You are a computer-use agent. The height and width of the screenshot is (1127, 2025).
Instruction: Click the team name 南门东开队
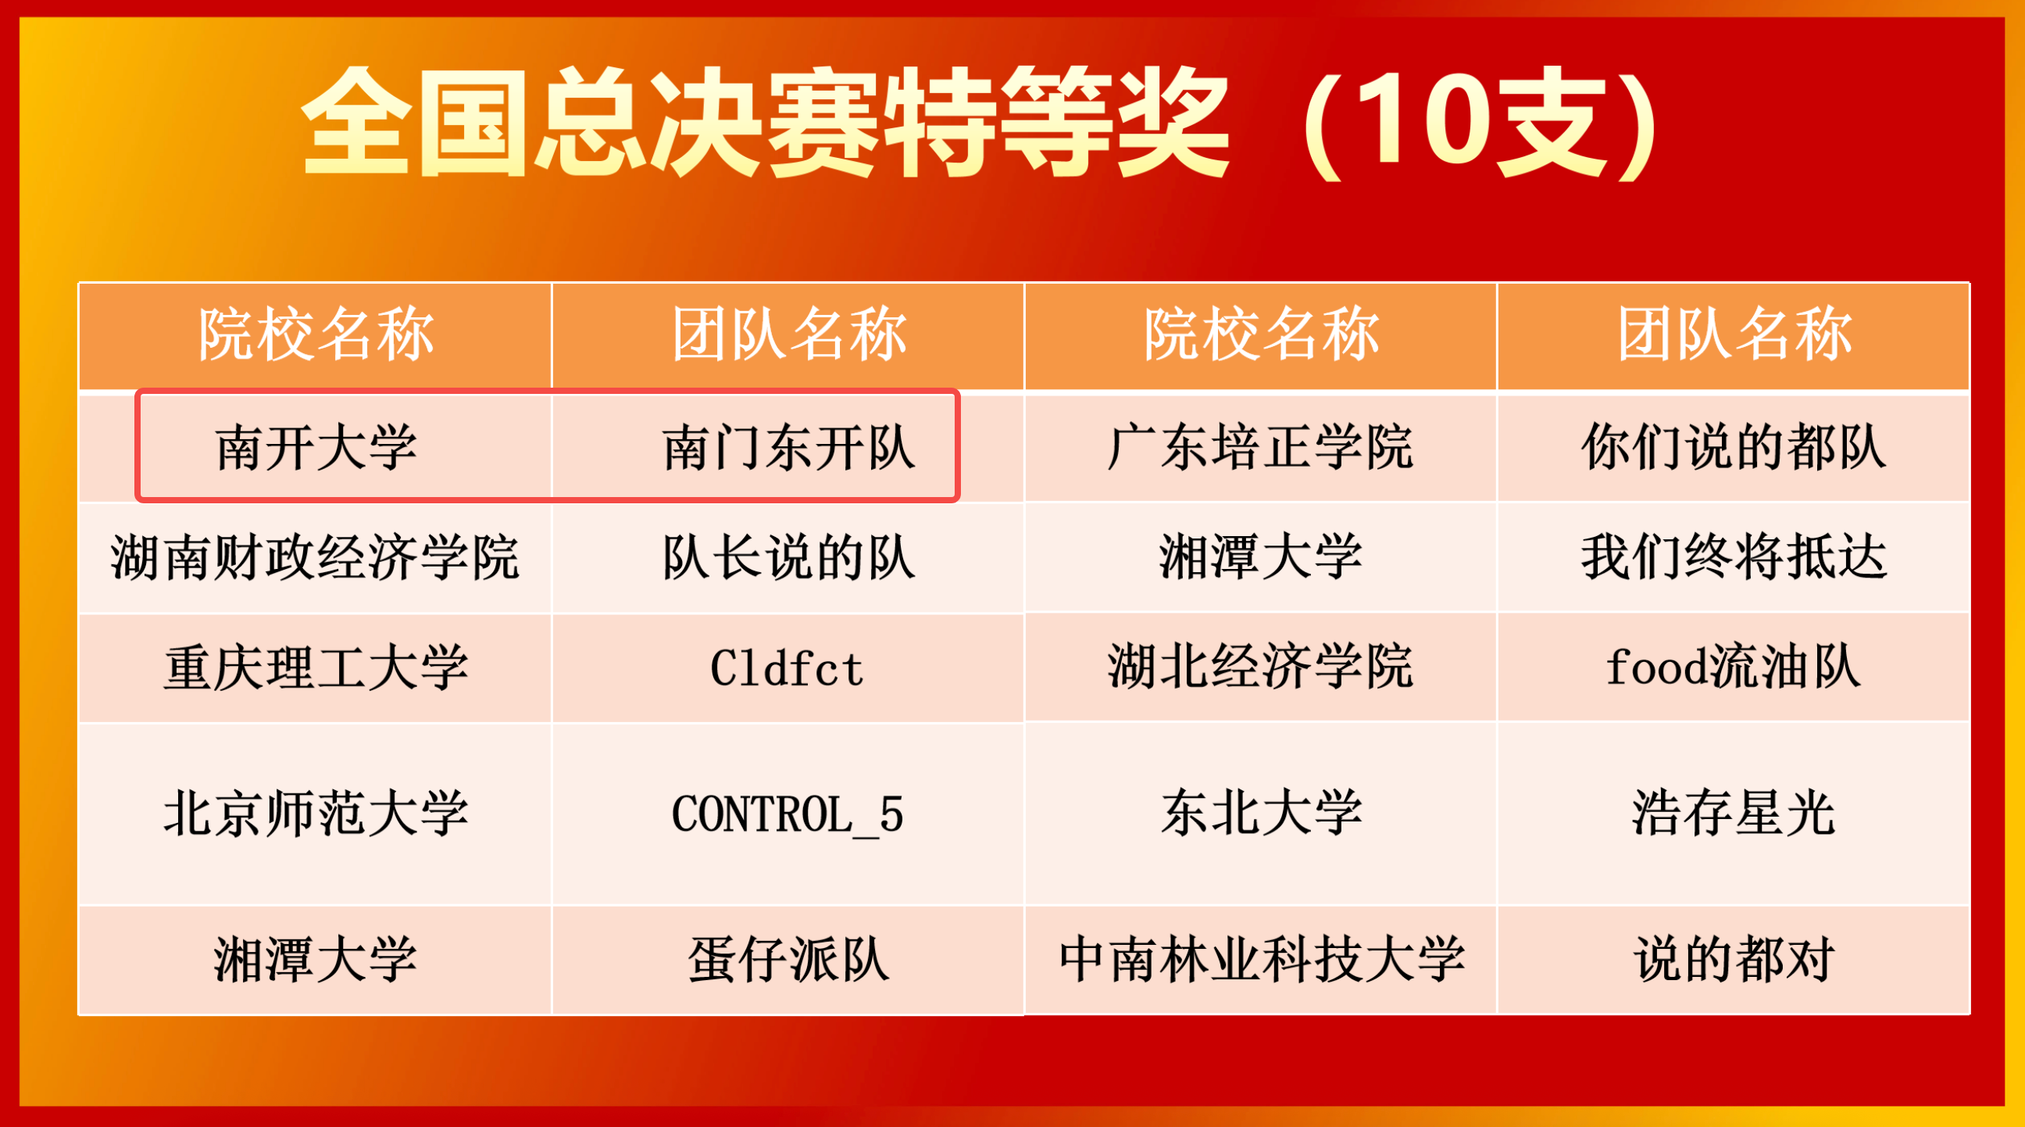[x=788, y=448]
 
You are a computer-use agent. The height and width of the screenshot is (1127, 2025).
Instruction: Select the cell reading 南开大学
[x=316, y=448]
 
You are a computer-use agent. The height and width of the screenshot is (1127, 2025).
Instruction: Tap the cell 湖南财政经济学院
[x=314, y=557]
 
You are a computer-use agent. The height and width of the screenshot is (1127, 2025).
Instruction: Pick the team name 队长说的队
[x=788, y=557]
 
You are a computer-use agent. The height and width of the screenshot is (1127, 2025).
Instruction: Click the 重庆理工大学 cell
[x=316, y=667]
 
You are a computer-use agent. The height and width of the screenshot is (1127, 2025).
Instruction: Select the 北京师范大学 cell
[x=316, y=813]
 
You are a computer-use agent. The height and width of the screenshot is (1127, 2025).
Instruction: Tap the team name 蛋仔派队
[x=788, y=960]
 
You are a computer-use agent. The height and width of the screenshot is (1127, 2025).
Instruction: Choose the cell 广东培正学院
[x=1260, y=448]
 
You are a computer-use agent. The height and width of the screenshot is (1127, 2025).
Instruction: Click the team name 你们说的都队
[x=1734, y=448]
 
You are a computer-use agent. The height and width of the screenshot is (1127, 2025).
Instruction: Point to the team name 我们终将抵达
[x=1734, y=557]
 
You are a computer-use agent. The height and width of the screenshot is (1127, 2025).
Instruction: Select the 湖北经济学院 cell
[x=1260, y=667]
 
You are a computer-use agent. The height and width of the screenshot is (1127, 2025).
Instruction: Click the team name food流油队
[x=1734, y=667]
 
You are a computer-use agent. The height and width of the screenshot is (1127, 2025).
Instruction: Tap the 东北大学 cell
[x=1261, y=813]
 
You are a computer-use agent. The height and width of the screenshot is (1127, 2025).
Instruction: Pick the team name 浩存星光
[x=1734, y=813]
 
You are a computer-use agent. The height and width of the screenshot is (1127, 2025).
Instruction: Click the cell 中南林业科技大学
[x=1261, y=960]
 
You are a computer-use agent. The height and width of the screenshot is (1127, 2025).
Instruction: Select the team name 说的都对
[x=1734, y=960]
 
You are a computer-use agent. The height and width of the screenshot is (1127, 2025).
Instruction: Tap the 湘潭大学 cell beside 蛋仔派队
[x=316, y=960]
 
